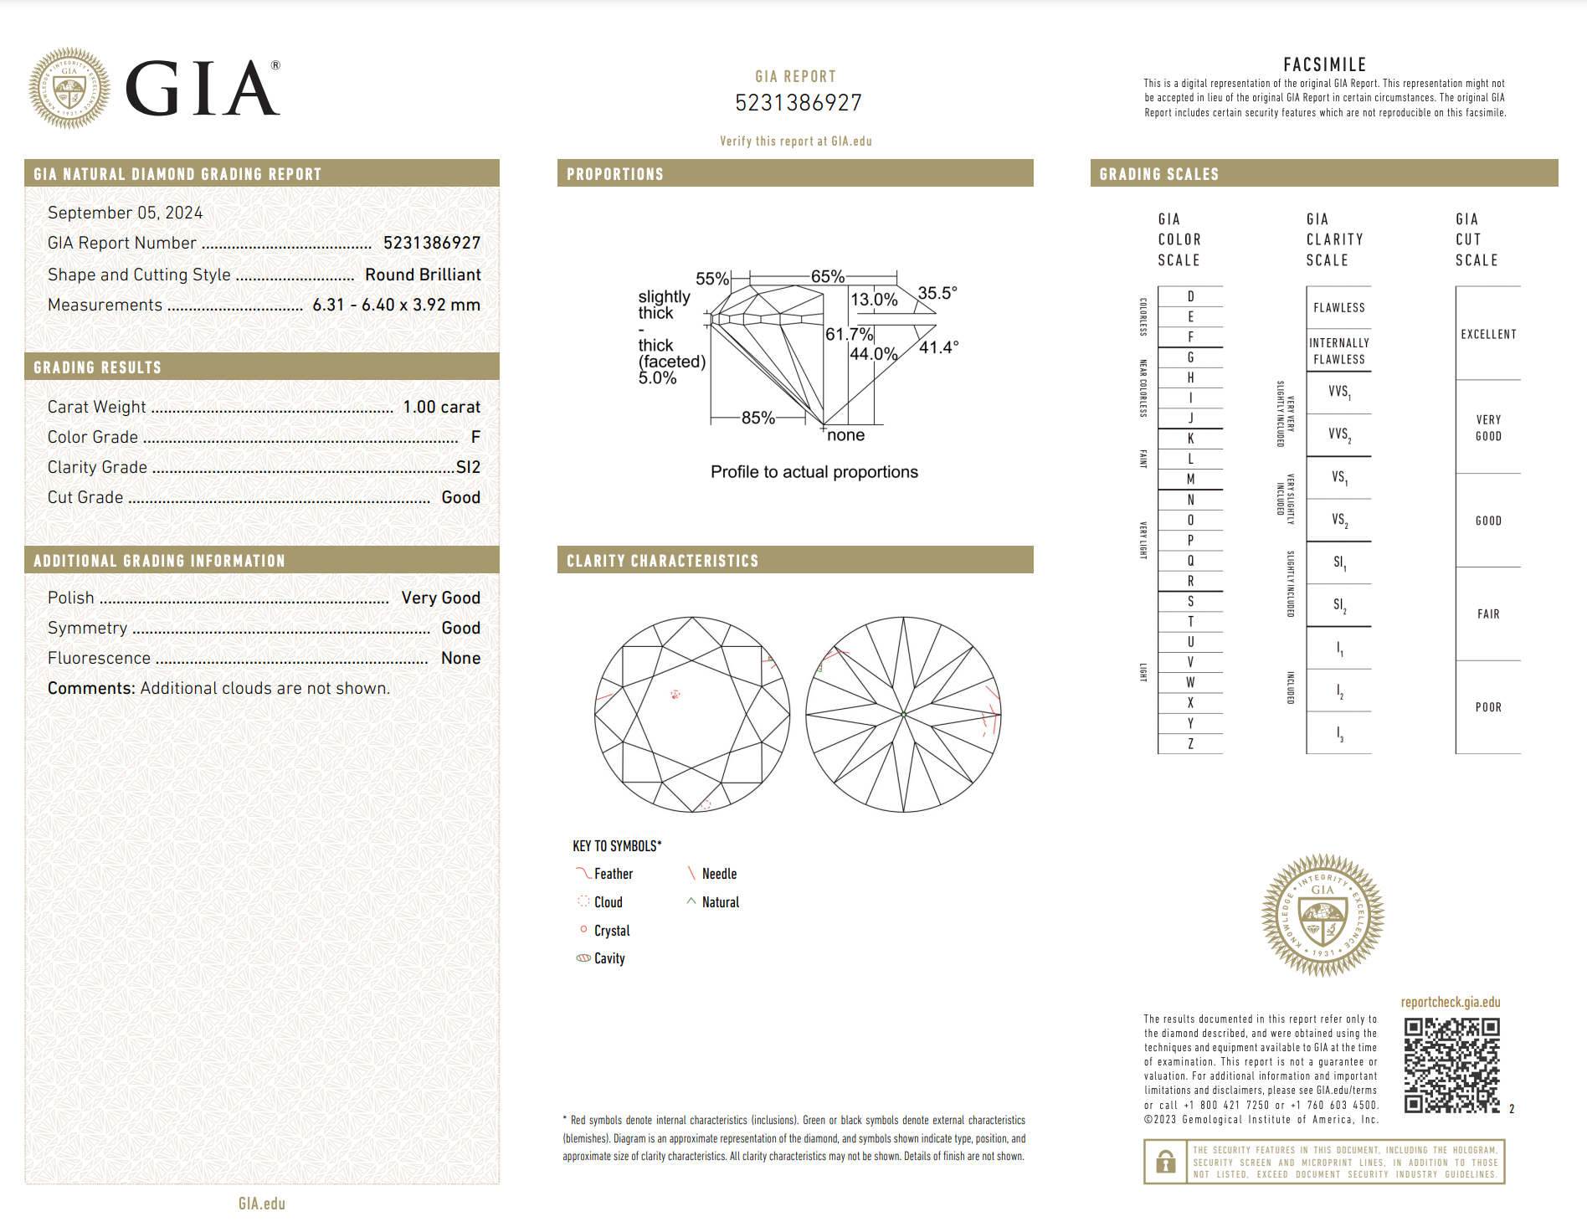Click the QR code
(1451, 1065)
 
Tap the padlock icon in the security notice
(1165, 1162)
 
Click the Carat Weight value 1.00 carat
(441, 407)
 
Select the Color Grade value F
(475, 437)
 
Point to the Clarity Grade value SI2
(468, 467)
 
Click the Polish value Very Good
(440, 598)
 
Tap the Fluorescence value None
(460, 658)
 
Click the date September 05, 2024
(125, 213)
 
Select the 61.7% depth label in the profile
(849, 334)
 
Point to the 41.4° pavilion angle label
(938, 347)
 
